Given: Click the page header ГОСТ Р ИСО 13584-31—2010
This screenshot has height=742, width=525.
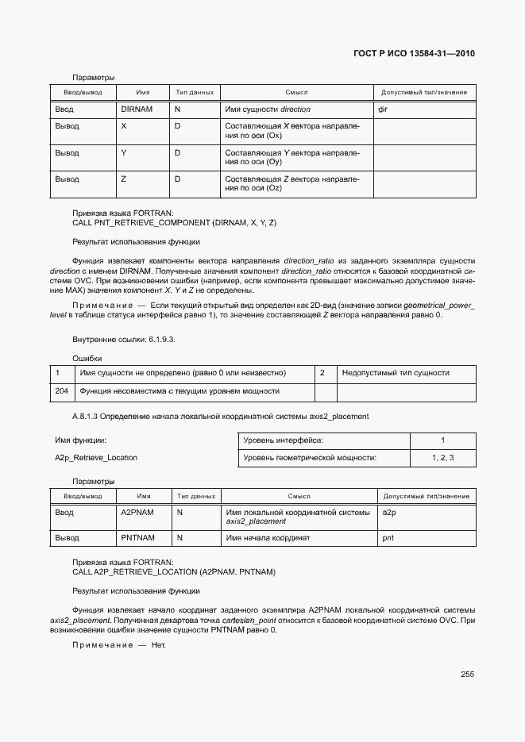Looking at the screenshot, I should pos(413,54).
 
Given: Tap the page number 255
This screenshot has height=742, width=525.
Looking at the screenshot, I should pos(467,675).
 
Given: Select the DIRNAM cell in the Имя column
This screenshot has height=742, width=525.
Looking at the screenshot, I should pos(136,109).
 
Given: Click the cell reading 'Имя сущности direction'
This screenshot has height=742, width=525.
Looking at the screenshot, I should pos(268,109).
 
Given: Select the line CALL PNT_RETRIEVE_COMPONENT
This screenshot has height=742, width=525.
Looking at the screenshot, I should pos(174,223).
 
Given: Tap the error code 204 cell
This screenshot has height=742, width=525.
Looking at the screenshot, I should pos(62,391).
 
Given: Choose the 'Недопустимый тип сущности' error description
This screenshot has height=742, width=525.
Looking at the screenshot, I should pos(396,372).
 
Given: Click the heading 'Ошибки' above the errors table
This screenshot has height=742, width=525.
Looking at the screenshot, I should pos(87,359).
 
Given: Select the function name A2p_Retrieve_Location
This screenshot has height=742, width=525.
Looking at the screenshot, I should pos(95,457).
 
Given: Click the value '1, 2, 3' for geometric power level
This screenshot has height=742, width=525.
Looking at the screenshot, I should pos(442,457).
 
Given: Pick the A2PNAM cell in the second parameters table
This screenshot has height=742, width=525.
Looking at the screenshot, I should pos(137,513).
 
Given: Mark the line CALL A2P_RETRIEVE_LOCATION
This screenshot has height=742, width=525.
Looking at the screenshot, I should pos(174,571).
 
